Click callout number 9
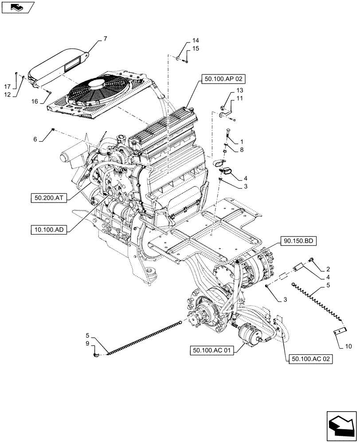[x=87, y=343]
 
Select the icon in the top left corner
[x=17, y=7]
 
